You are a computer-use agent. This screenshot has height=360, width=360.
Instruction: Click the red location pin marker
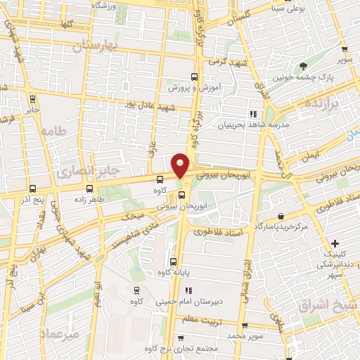point(181,165)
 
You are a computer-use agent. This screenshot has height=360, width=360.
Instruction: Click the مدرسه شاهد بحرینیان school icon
point(252,114)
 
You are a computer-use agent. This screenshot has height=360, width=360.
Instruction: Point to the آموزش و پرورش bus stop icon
point(195,77)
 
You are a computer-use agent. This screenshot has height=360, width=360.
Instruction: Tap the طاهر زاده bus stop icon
point(89,188)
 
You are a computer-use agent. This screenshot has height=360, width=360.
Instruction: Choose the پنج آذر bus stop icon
point(33,188)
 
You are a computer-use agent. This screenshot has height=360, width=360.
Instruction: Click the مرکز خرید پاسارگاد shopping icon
point(281,216)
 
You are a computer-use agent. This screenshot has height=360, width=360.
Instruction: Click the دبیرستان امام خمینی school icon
point(188,290)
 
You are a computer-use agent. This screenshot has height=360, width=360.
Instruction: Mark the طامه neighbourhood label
point(53,131)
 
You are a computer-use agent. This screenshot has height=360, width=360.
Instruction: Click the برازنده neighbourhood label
point(321,103)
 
